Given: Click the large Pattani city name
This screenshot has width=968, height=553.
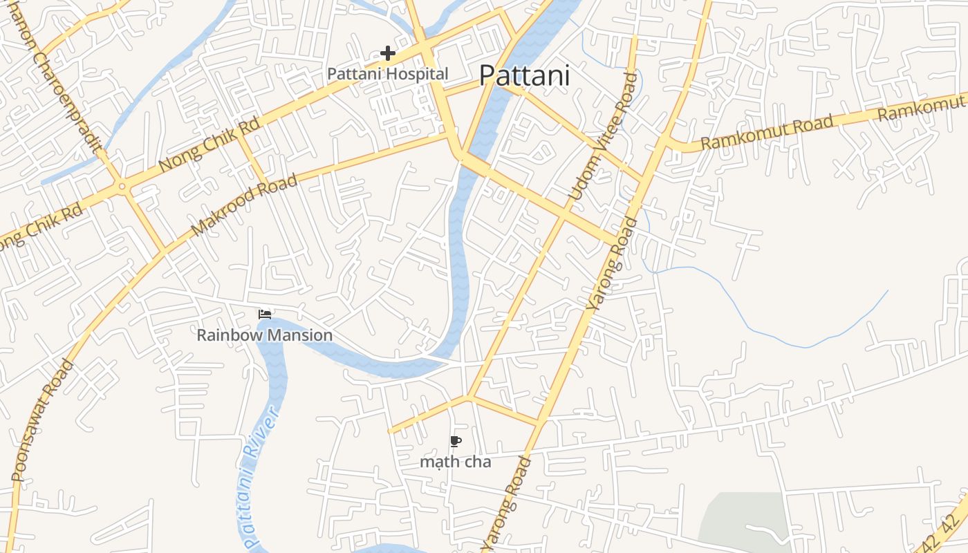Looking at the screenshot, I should [525, 75].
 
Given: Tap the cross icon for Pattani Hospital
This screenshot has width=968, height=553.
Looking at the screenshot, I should [388, 53].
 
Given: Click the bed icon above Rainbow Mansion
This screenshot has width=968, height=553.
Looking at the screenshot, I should [265, 315].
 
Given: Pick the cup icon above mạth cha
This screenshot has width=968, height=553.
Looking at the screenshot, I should [455, 441].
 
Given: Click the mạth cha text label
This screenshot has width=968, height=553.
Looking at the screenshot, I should [456, 461].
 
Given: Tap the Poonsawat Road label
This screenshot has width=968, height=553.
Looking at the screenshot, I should [42, 420].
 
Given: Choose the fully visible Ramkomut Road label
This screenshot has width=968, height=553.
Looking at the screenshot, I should [767, 133].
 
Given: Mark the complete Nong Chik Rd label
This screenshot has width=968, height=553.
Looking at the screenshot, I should [209, 145].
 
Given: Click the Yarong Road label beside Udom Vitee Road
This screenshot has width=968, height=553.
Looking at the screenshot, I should [613, 263].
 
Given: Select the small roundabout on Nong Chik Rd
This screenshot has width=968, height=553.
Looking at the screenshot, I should [122, 186].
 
